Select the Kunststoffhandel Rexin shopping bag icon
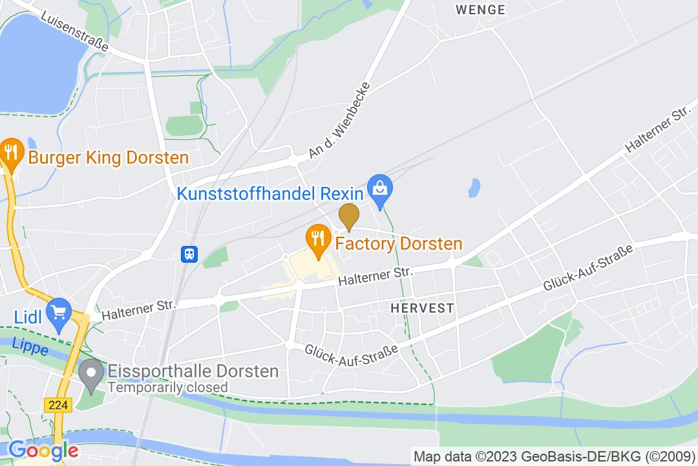(x=379, y=189)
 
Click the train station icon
(x=189, y=253)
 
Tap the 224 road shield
(x=57, y=405)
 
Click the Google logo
(x=43, y=450)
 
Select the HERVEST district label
(x=422, y=309)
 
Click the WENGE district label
(x=480, y=10)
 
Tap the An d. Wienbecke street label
(x=340, y=120)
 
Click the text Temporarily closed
(x=167, y=388)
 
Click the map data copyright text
(x=555, y=456)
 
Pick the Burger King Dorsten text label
(x=109, y=157)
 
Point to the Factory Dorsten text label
(x=398, y=244)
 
